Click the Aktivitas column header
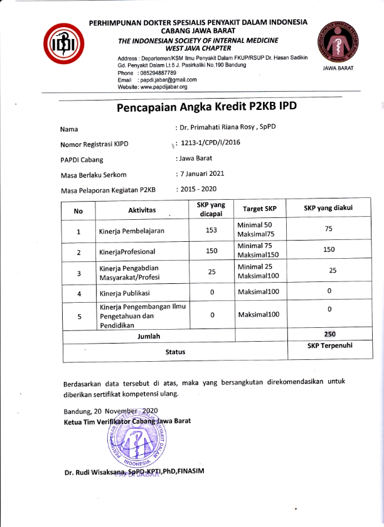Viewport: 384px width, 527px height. [x=142, y=209]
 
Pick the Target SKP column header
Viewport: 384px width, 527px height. [x=259, y=209]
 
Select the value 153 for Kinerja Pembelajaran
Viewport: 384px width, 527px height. [x=211, y=230]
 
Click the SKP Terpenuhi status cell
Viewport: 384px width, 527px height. [x=329, y=346]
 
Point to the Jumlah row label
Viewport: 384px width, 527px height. [x=148, y=336]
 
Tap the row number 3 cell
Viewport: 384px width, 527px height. [x=78, y=273]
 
